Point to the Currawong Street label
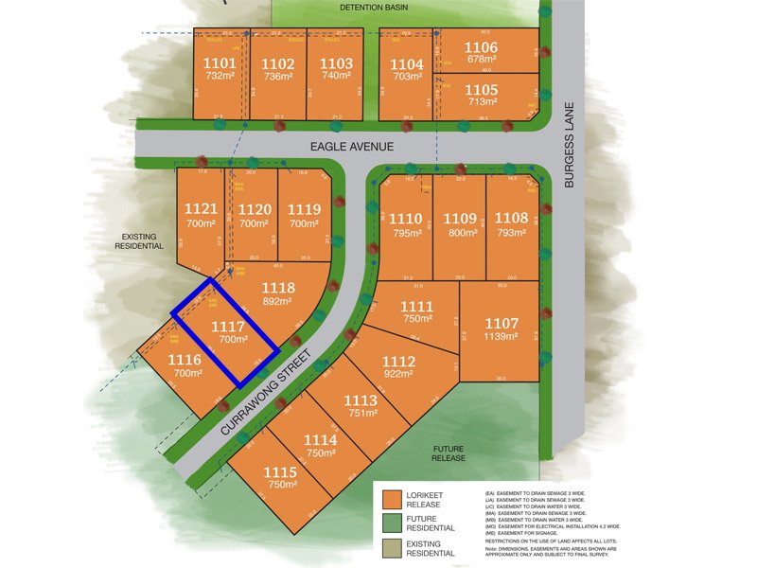coord(275,390)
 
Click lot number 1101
coord(219,63)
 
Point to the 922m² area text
coord(398,375)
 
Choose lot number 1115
coord(280,472)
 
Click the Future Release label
coord(449,453)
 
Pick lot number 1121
coord(202,209)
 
